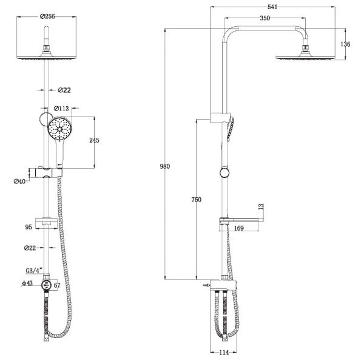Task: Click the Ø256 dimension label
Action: coord(47,16)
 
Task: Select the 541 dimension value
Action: coord(272,7)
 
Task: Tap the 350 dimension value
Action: coord(265,18)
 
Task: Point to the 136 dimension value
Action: coord(345,44)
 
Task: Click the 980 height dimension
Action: coord(165,166)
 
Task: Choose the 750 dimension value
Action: coord(197,200)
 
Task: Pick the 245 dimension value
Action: coord(94,140)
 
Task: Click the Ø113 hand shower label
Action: coord(61,108)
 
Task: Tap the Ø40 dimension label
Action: coord(19,182)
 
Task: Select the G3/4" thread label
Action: coord(34,271)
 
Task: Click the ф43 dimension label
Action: coord(27,283)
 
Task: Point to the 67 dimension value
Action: coord(57,285)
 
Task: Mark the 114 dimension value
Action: coord(224,352)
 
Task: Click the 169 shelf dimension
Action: coord(238,228)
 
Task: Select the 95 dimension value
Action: coord(29,227)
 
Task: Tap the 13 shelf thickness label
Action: coord(261,206)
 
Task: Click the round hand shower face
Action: coord(59,129)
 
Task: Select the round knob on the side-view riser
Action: coord(224,173)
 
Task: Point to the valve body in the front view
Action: coord(47,285)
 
